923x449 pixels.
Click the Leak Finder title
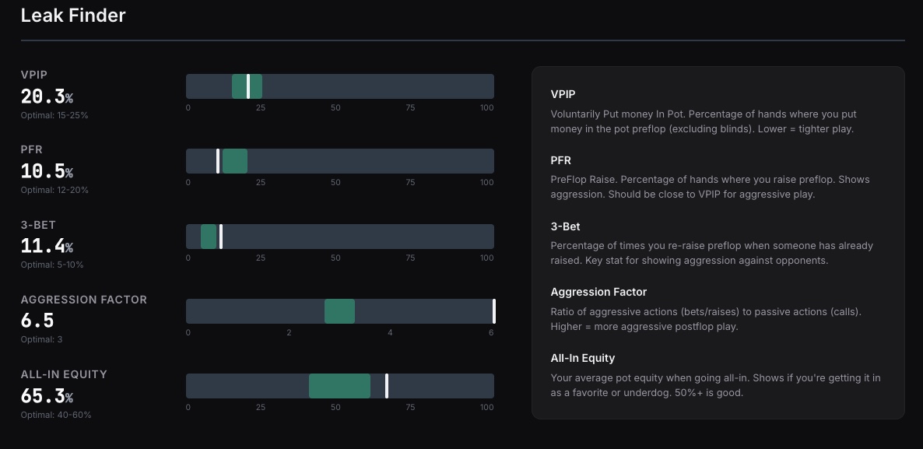point(73,16)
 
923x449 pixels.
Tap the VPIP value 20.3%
point(47,96)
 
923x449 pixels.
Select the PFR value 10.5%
point(47,171)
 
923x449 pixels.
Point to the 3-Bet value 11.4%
point(47,247)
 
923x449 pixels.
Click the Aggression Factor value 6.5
point(37,321)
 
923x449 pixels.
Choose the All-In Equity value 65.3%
point(47,396)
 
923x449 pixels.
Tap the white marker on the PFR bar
point(218,161)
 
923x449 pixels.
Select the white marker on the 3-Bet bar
point(221,237)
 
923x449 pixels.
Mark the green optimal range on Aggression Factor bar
point(339,311)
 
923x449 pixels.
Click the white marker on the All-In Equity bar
point(387,386)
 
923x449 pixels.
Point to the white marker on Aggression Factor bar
point(493,311)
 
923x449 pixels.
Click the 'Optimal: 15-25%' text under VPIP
point(54,115)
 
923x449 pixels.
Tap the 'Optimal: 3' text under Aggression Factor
point(42,339)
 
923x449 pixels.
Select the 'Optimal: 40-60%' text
point(56,415)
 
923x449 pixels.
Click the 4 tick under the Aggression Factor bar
point(390,332)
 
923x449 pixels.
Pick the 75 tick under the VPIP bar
point(410,107)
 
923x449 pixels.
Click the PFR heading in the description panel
point(560,160)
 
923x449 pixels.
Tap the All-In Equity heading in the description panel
point(582,358)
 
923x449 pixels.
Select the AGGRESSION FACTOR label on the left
point(83,300)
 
